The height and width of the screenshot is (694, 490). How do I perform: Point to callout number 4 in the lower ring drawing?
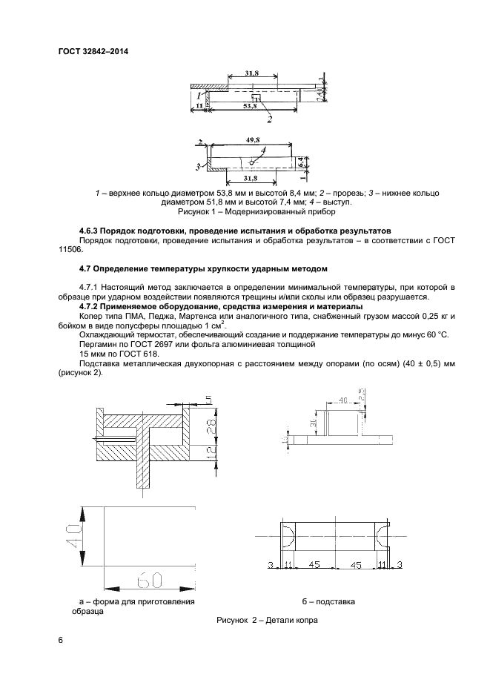265,151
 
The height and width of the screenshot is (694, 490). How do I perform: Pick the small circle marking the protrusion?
254,161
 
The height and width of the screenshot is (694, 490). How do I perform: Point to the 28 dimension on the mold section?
210,426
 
